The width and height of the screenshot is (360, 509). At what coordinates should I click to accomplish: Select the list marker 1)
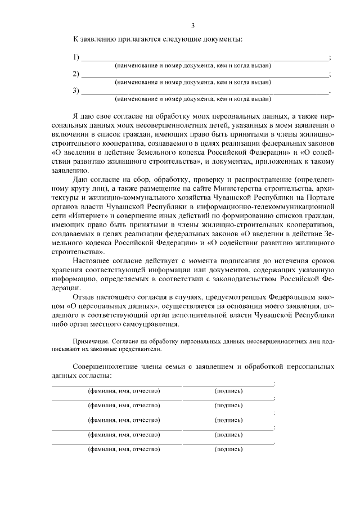pyautogui.click(x=77, y=57)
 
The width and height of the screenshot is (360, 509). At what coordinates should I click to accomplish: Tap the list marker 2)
pyautogui.click(x=77, y=74)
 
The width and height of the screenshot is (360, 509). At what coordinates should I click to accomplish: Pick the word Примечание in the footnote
pyautogui.click(x=91, y=341)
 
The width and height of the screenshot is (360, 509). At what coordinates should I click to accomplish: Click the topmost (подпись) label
pyautogui.click(x=228, y=390)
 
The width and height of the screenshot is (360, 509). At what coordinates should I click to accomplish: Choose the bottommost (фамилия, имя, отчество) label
pyautogui.click(x=124, y=449)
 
